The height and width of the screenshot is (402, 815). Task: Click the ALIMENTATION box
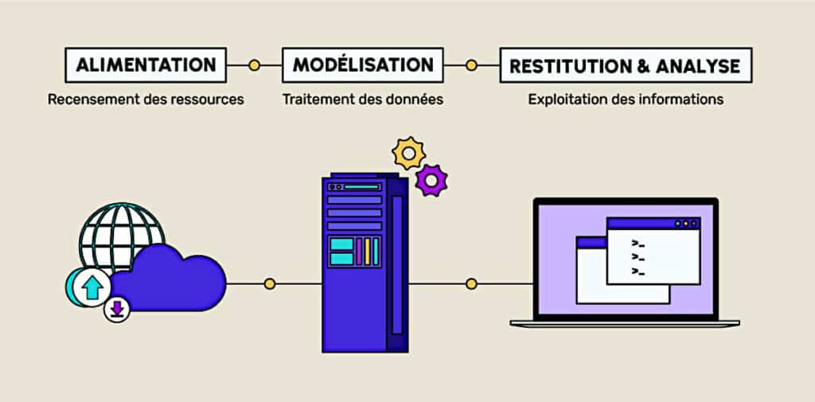click(x=146, y=64)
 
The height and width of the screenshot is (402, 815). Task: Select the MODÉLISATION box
click(x=362, y=64)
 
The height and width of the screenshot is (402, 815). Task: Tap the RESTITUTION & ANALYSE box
click(x=626, y=65)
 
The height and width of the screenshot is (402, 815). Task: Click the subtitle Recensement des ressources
click(x=146, y=100)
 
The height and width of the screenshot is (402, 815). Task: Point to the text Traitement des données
click(x=362, y=100)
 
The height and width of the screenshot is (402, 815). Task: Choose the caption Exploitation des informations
click(x=626, y=100)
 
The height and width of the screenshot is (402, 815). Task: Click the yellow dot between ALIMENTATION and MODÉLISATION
click(x=254, y=65)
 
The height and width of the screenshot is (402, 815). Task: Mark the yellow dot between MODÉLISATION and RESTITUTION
click(x=471, y=65)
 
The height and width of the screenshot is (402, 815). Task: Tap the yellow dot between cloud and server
click(x=270, y=283)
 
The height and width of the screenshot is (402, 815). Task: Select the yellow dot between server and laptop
click(x=471, y=283)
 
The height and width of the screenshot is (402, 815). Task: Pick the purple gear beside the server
click(x=431, y=180)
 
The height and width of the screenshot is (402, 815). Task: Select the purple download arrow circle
click(x=118, y=309)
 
